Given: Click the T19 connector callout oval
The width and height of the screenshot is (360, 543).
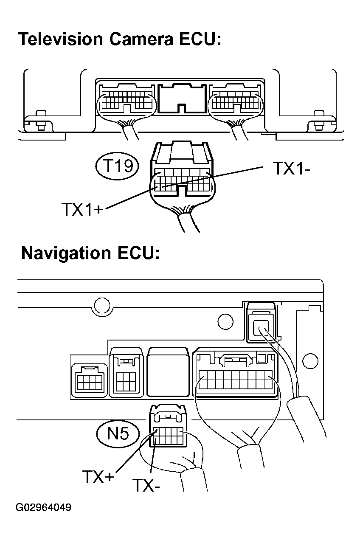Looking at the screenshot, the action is (x=117, y=166).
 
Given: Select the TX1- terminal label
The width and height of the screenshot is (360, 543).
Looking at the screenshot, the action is (x=291, y=168).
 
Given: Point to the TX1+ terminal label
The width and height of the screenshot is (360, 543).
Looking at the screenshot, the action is (x=82, y=209).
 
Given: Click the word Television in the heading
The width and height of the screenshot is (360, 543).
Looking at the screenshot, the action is (x=61, y=39).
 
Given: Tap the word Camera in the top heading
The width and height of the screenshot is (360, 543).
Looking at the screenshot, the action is (x=141, y=39).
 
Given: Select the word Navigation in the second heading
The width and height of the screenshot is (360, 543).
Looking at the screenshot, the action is (x=66, y=253).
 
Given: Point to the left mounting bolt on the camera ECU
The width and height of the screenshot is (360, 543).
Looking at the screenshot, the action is (x=41, y=121).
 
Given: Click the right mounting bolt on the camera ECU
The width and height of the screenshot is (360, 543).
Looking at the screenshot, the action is (x=319, y=121).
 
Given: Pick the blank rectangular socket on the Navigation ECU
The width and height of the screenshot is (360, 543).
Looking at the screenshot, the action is (x=169, y=372).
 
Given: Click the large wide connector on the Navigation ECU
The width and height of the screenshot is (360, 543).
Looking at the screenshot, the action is (x=235, y=373).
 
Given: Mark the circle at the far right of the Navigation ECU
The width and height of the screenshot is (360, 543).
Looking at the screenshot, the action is (x=310, y=361).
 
